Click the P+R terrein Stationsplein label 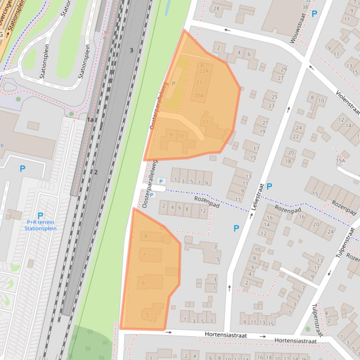[41, 225]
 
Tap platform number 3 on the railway [132, 50]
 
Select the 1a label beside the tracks [90, 120]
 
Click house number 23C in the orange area [201, 65]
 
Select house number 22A [203, 71]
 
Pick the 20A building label [199, 95]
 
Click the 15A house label [340, 161]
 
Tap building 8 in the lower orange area [146, 236]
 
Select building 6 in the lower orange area [143, 282]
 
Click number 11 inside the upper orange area [206, 122]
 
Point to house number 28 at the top [216, 8]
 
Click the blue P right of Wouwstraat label [314, 14]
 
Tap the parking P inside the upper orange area [174, 84]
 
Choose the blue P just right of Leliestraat [269, 187]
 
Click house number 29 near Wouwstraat [283, 70]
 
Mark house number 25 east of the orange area [274, 97]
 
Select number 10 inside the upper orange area [180, 136]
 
